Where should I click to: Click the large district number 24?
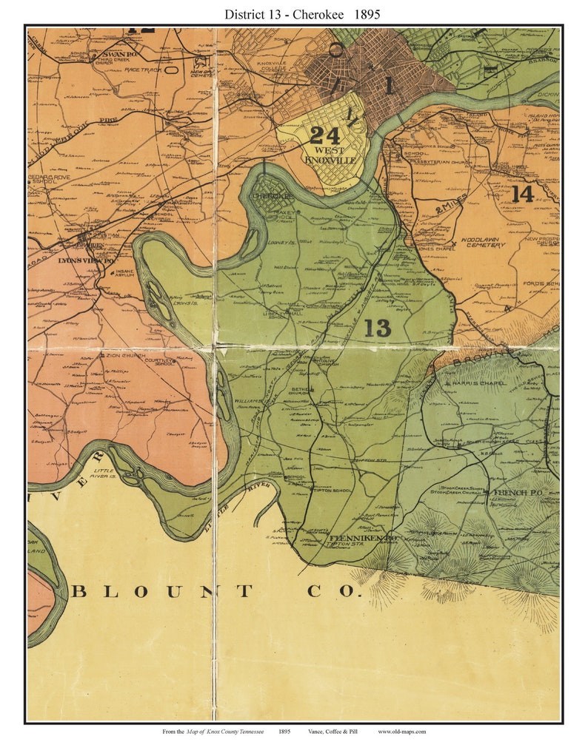point(324,135)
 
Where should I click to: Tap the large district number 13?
point(377,328)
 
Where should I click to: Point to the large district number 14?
point(522,194)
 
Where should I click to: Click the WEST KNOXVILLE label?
point(330,155)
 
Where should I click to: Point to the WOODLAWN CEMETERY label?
point(486,243)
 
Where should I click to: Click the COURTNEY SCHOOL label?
point(158,361)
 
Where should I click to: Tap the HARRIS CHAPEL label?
point(481,383)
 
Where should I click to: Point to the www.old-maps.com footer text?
point(401,732)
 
